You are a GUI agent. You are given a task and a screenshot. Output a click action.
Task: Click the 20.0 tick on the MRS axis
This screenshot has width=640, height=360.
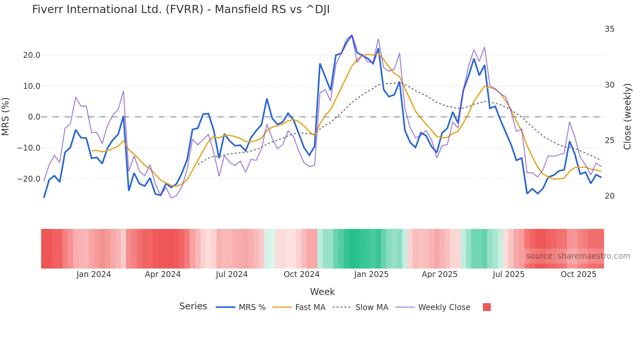pos(32,55)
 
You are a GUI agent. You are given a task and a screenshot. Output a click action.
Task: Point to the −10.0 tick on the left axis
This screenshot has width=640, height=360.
pos(29,148)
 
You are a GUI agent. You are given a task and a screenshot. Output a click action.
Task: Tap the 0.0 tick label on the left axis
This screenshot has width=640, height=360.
pos(34,117)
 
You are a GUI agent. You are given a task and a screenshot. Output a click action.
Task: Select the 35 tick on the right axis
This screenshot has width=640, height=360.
pos(609,29)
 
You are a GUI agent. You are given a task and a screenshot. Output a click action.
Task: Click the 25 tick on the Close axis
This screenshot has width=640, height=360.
pos(609,140)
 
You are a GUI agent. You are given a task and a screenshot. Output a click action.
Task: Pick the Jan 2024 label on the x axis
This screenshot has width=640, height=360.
pos(94,274)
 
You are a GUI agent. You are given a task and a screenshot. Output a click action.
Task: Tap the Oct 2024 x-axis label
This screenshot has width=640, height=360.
pos(301,274)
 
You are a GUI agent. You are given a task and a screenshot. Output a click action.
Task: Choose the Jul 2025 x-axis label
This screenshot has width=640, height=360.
pos(508,274)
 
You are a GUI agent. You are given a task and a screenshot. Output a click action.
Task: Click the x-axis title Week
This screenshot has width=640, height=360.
pos(322,292)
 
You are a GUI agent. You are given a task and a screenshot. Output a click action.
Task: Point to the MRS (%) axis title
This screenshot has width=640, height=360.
pos(6,117)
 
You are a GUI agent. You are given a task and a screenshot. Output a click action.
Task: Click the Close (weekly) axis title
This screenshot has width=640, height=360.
pos(627,117)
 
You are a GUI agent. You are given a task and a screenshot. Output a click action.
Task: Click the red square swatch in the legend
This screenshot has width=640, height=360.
pos(487,307)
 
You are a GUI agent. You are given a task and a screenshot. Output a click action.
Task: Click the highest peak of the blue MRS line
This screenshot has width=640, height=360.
pos(352,35)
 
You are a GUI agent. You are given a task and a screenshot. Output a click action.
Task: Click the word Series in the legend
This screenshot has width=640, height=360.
pos(193,306)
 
